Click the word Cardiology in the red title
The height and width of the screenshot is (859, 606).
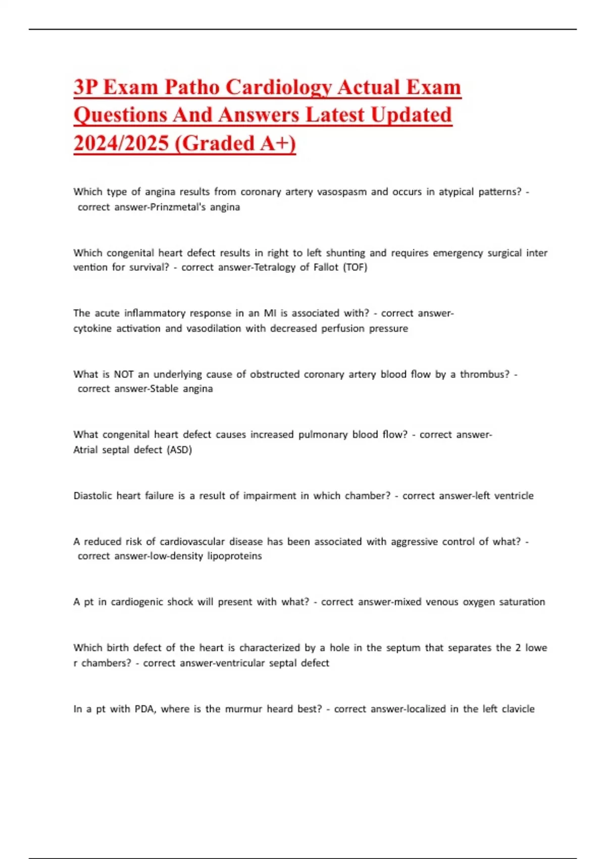click(x=278, y=87)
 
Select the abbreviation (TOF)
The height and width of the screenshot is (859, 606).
click(x=355, y=267)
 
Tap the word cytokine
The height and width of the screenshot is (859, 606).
click(x=92, y=328)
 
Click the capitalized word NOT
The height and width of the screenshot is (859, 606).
click(x=124, y=374)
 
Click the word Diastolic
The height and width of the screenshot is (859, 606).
click(x=93, y=496)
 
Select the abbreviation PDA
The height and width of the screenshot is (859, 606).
click(x=145, y=709)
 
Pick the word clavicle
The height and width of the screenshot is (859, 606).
click(x=518, y=709)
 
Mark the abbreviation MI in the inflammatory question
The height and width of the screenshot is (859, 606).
click(x=270, y=313)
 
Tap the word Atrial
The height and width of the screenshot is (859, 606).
click(x=85, y=450)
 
